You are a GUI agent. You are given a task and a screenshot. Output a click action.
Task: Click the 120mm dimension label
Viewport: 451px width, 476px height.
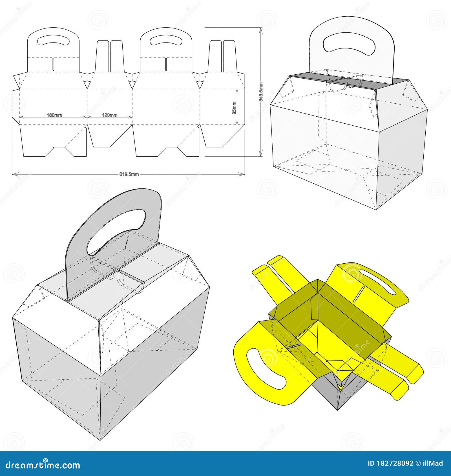[x=110, y=115]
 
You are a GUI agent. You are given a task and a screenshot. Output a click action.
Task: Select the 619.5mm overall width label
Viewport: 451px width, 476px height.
[x=129, y=174]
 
